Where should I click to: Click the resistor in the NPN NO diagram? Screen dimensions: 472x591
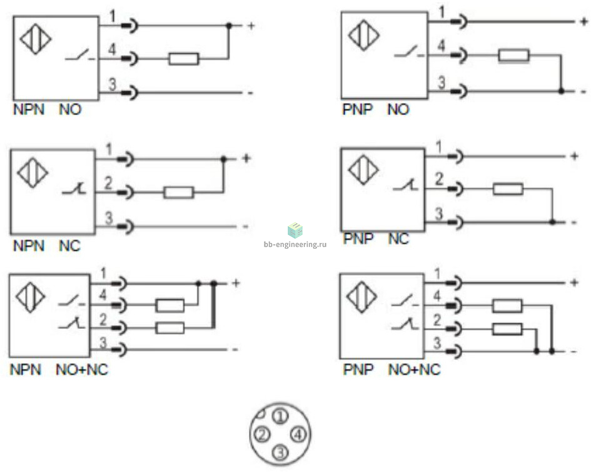click(183, 59)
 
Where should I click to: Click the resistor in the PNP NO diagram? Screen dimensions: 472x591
click(513, 56)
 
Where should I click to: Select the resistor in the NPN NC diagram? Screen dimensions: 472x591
click(179, 192)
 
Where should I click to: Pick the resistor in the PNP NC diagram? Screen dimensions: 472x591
click(508, 189)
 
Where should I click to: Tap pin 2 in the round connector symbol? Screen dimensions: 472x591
click(263, 434)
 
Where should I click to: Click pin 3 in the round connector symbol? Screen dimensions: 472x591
click(281, 451)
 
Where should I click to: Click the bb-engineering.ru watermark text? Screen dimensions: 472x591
click(295, 244)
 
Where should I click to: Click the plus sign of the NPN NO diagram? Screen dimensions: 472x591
click(251, 26)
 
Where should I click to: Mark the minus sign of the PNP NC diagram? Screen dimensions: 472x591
click(574, 223)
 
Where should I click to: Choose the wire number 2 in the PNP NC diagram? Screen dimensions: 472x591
click(439, 178)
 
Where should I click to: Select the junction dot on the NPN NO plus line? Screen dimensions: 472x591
click(229, 26)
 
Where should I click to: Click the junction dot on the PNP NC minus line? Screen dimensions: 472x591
click(552, 222)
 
